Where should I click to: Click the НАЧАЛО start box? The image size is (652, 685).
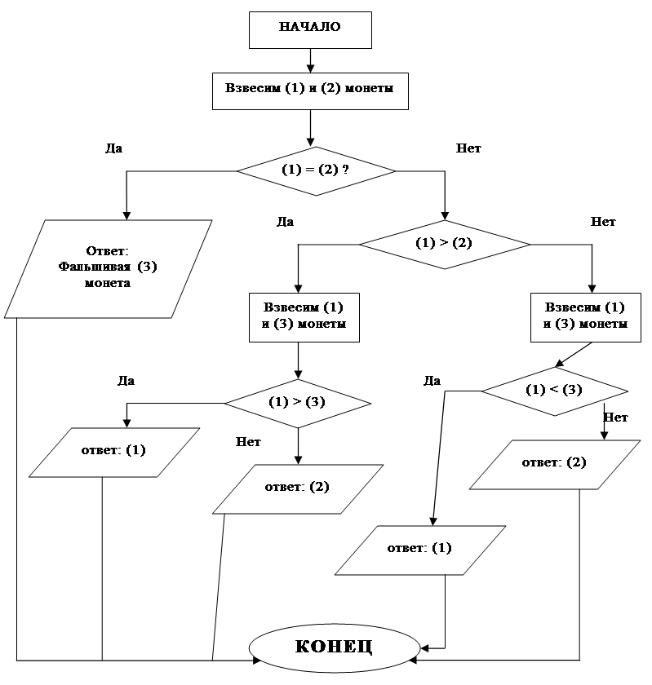[310, 30]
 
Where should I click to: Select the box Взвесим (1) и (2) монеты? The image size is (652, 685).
[310, 91]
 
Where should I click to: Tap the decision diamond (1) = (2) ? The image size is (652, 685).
[316, 170]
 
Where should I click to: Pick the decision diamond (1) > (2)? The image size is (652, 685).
[444, 244]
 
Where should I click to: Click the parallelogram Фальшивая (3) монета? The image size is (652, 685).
[108, 268]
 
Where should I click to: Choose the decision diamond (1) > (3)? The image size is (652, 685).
[298, 403]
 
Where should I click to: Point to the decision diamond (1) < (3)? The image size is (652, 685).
[555, 391]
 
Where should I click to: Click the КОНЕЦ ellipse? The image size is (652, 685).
[335, 647]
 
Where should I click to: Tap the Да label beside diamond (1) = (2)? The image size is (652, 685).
[113, 148]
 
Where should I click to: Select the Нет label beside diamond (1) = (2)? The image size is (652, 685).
[468, 148]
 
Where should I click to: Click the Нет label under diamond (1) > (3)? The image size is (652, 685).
[248, 442]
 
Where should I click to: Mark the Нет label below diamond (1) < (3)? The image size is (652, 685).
[615, 418]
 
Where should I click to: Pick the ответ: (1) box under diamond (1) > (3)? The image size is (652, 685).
[114, 452]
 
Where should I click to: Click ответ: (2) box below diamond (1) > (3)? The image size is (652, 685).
[298, 488]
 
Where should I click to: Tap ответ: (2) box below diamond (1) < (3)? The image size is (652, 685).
[555, 464]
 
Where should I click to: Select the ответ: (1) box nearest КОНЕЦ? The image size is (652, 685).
[420, 550]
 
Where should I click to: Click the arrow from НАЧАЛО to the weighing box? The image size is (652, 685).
[310, 60]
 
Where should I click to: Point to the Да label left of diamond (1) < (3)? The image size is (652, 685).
[432, 381]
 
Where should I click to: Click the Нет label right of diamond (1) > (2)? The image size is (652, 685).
[603, 222]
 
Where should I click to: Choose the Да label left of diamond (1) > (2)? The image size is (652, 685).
[285, 222]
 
